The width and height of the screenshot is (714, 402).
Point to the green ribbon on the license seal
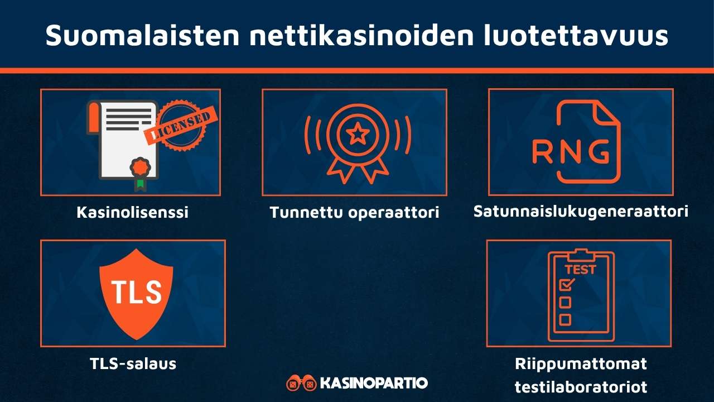pos(139,183)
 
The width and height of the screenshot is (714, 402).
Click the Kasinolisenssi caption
pos(132,213)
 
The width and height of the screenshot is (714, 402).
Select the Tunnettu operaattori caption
pos(355,213)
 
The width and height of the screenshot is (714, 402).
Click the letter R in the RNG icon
pos(542,151)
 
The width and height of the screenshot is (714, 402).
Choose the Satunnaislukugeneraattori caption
pos(581,212)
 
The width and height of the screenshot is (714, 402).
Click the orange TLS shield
pos(136,293)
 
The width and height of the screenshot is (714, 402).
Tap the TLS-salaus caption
pos(133,364)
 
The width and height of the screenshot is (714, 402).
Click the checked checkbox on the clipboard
pos(566,285)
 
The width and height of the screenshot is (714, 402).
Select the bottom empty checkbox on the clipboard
pos(565,320)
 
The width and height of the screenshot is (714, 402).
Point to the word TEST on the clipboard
pos(580,270)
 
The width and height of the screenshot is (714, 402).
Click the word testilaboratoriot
pos(581,386)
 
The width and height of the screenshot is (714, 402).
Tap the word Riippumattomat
pos(581,364)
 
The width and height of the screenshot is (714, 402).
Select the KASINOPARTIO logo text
pos(374,383)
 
